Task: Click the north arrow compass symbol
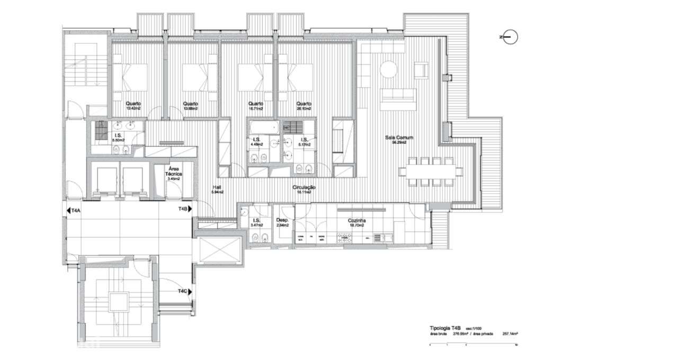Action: (510, 37)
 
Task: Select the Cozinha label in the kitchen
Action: (358, 222)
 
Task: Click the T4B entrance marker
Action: (185, 210)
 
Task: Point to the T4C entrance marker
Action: (185, 291)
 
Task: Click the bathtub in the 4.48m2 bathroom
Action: (263, 128)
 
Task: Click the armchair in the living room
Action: (421, 70)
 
